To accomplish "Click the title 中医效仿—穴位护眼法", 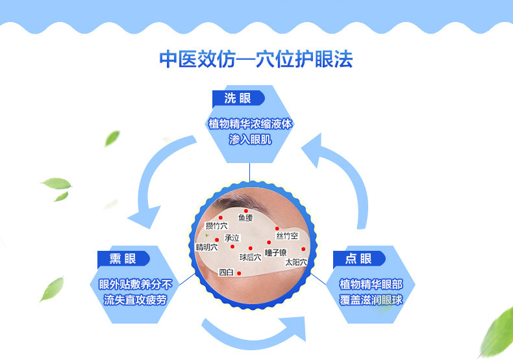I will (x=256, y=59).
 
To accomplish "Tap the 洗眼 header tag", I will (x=238, y=98).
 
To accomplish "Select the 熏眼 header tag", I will (x=123, y=258).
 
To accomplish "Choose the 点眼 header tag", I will (x=358, y=258).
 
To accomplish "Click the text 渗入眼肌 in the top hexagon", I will (x=250, y=138).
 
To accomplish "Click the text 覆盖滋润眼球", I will (x=371, y=300).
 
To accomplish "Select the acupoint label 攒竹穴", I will (x=216, y=225).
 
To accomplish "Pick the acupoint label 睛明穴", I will (x=206, y=247).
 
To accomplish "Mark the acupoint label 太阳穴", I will (x=295, y=263).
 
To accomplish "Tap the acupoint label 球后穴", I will (x=249, y=257).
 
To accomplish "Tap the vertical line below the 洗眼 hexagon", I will (x=250, y=172).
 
